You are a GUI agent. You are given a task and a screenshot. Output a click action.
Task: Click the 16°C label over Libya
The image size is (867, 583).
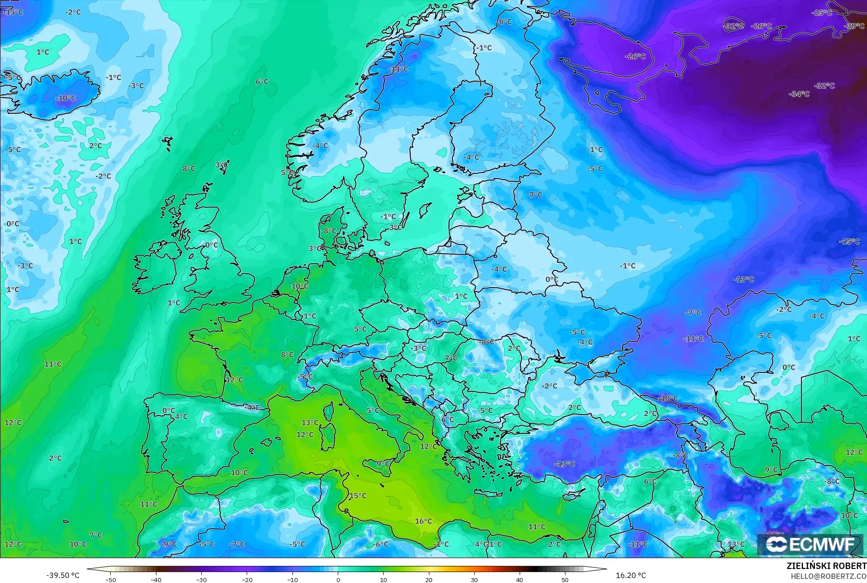pos(423,521)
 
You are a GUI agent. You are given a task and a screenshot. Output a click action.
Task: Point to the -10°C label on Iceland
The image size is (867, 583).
pos(66,98)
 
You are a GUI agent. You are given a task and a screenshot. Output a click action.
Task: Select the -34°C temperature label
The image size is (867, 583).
pos(799,94)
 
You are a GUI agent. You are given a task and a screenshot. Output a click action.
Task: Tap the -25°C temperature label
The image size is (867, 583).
pos(822,13)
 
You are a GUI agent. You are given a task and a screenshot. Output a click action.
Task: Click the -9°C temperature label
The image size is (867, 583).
pos(168,544)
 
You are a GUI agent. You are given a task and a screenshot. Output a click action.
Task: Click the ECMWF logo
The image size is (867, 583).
pos(810,544)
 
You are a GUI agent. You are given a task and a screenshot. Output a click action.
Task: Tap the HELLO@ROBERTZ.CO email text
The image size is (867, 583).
pos(829,576)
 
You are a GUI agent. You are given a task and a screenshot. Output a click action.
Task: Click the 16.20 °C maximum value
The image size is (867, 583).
pos(630,575)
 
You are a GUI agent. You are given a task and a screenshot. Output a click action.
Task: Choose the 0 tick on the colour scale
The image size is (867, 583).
pos(338,580)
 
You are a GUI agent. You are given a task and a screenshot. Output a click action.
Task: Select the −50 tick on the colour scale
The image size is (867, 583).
pos(111,580)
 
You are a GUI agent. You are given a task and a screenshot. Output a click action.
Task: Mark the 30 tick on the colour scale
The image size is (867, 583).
pos(474,580)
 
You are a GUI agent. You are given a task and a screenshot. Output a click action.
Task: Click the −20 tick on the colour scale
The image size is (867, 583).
pos(247,580)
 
